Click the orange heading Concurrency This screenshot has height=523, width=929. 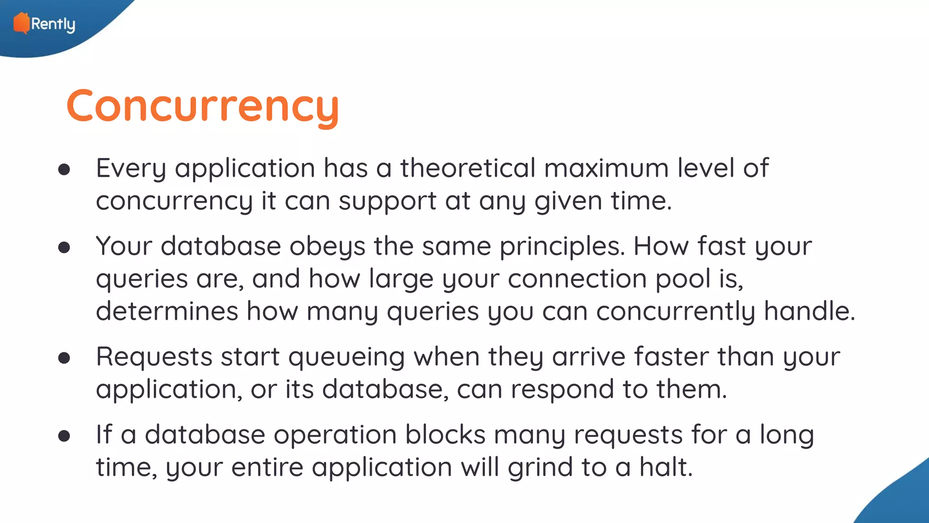[x=202, y=107]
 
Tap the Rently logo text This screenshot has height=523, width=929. [x=53, y=24]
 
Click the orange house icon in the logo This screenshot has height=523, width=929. [x=21, y=23]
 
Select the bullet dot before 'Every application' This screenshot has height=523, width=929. [x=64, y=169]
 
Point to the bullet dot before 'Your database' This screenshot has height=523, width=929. [x=64, y=247]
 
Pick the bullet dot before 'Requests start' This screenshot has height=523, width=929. [x=64, y=358]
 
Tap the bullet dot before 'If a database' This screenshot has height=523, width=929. [x=64, y=436]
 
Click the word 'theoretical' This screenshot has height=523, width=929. [x=468, y=168]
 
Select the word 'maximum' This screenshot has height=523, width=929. [x=606, y=168]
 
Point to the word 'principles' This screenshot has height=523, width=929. [x=562, y=247]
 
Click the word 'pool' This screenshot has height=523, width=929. [x=683, y=279]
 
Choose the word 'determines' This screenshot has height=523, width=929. [x=167, y=311]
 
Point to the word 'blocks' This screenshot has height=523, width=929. [x=445, y=435]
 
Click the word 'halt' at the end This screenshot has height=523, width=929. [x=665, y=467]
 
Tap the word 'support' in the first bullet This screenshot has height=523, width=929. [x=387, y=202]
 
